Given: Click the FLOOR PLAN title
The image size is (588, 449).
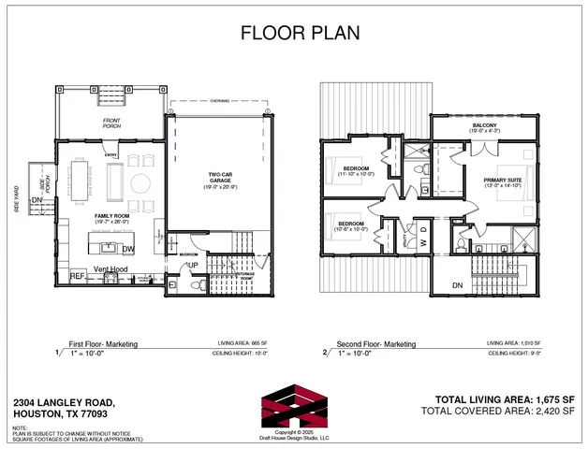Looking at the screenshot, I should (x=294, y=34).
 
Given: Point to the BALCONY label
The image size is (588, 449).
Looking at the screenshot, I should (x=485, y=124).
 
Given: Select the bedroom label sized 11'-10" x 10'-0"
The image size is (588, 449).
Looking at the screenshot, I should (x=355, y=171).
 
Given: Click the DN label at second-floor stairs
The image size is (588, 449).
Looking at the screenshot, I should (x=458, y=285).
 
